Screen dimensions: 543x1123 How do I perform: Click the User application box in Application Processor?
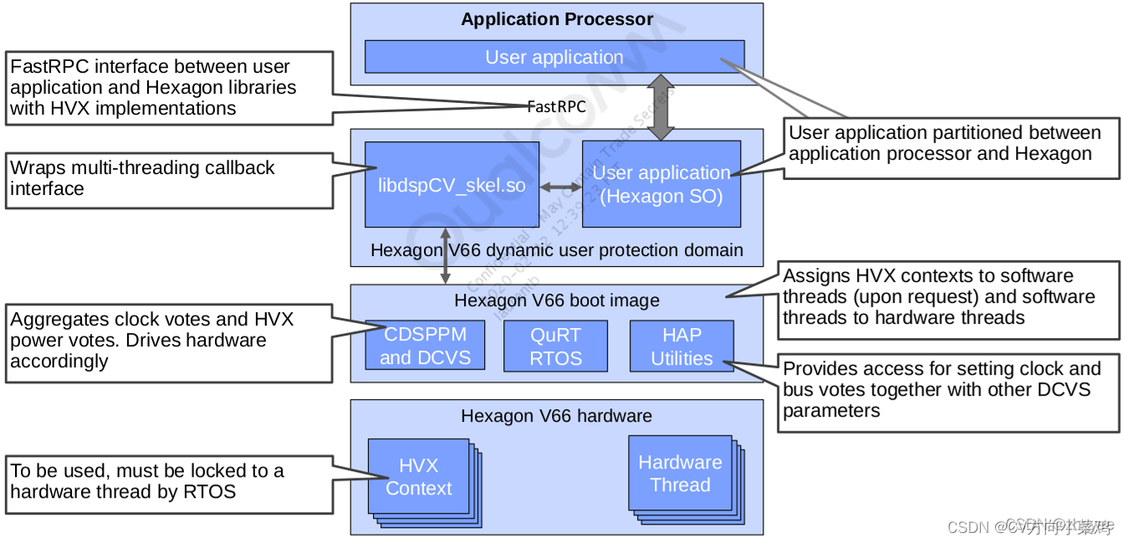click(x=554, y=57)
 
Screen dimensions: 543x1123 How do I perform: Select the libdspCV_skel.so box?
click(x=452, y=184)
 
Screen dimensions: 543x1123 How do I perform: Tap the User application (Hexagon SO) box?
click(x=661, y=184)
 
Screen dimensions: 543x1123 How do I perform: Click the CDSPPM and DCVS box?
click(x=426, y=346)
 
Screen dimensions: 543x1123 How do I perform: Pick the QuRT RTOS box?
click(x=555, y=346)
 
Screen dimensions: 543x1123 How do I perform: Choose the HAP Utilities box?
click(x=681, y=346)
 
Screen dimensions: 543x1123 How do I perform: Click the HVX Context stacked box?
click(x=419, y=477)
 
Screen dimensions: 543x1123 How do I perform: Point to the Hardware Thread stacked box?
click(x=680, y=474)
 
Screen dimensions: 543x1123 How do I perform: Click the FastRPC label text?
click(x=556, y=107)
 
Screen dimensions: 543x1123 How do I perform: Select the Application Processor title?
click(x=557, y=19)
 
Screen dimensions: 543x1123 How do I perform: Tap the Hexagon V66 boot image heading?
click(x=557, y=300)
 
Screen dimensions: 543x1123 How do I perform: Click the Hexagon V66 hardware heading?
click(x=557, y=416)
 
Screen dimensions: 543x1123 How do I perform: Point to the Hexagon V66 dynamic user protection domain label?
click(x=557, y=249)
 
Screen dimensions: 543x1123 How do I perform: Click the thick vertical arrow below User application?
click(x=661, y=106)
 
